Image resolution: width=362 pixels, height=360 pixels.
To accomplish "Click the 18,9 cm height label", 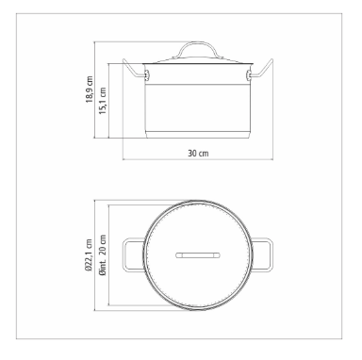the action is point(90,90).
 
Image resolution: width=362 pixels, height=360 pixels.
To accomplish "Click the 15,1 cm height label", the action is point(103,101).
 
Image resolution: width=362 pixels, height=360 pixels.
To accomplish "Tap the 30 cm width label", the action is point(198,154).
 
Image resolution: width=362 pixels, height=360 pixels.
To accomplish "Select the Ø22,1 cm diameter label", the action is point(90,254).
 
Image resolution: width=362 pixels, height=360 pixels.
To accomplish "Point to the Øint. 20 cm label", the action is point(103,254).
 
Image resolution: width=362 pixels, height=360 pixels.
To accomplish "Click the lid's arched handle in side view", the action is point(198,43).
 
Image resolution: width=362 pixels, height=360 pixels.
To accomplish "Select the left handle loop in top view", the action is point(124,254).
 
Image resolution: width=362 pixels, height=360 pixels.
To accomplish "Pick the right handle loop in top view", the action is point(271,254).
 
